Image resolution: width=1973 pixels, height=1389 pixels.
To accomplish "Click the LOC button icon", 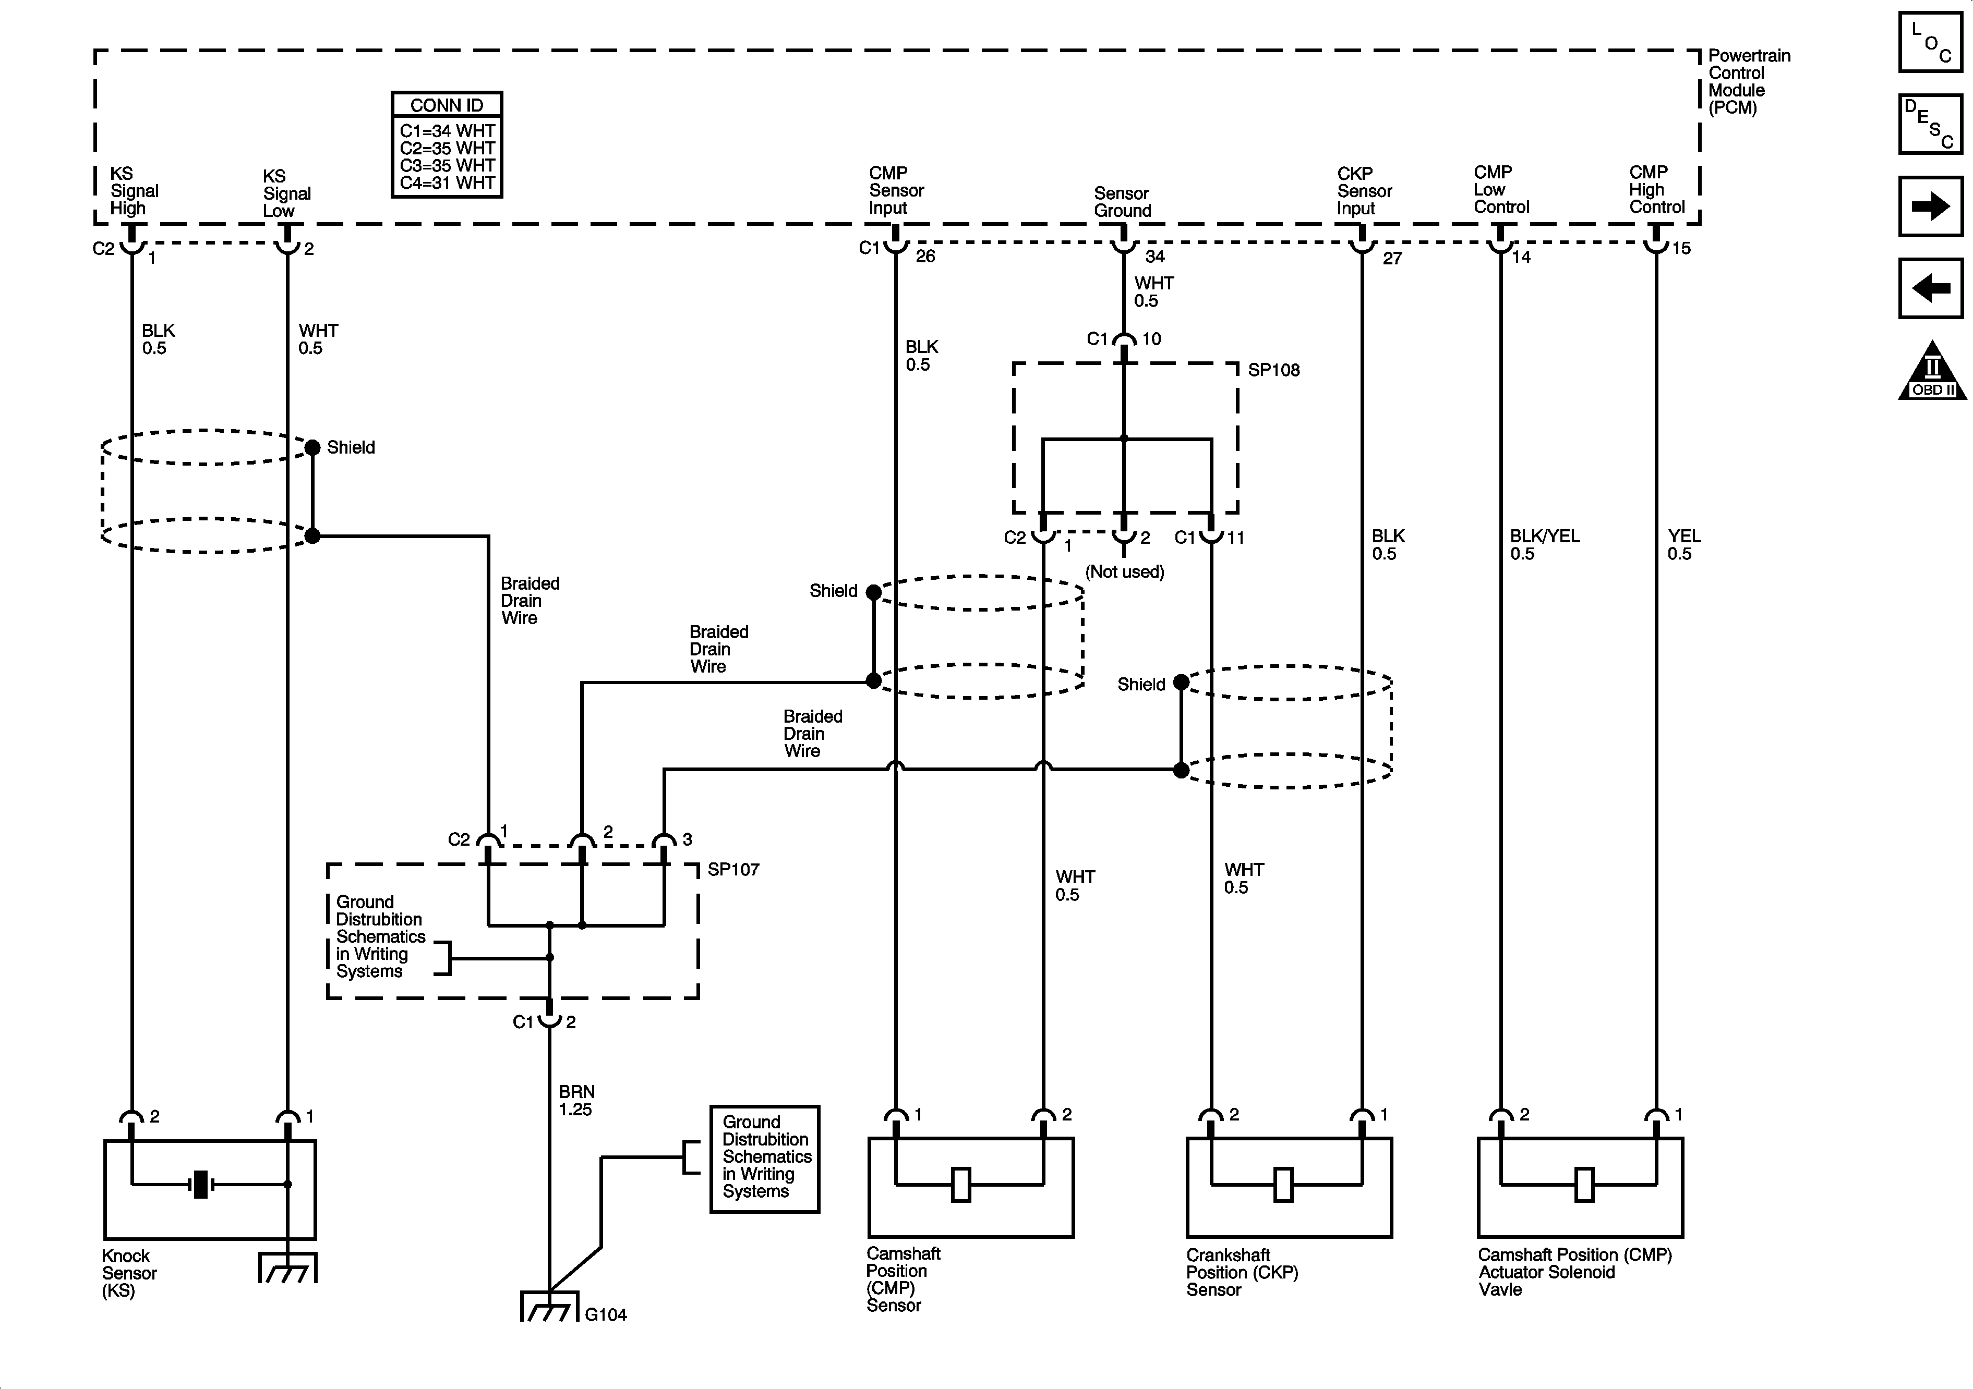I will coord(1930,41).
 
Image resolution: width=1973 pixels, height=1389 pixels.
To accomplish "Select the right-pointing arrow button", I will coord(1930,206).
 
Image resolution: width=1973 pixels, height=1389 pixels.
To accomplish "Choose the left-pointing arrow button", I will coord(1930,288).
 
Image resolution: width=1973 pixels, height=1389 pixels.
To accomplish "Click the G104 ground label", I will coord(606,1314).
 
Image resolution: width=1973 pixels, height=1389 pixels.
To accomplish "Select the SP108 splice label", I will coord(1273,370).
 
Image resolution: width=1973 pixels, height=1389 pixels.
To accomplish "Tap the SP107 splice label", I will coord(733,869).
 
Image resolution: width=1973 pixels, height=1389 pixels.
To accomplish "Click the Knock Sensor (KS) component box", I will coord(210,1190).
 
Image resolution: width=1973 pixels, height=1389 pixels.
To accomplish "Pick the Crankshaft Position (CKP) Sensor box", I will coord(1289,1187).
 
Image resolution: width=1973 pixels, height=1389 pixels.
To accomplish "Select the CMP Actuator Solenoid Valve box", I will coord(1580,1187).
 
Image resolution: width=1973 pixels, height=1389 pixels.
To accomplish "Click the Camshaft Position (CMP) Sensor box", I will coord(971,1187).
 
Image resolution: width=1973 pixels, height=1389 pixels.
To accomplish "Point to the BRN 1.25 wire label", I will coord(576,1100).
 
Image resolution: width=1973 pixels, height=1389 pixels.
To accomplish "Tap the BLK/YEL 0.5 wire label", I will coord(1544,545).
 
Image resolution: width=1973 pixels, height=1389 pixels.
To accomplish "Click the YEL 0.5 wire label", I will coord(1683,545).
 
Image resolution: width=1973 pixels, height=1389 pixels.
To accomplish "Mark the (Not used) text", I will coord(1124,572).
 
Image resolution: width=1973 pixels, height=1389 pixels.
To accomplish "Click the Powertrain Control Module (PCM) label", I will coord(1749,82).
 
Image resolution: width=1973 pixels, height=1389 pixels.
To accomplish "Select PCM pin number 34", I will coord(1155,256).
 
